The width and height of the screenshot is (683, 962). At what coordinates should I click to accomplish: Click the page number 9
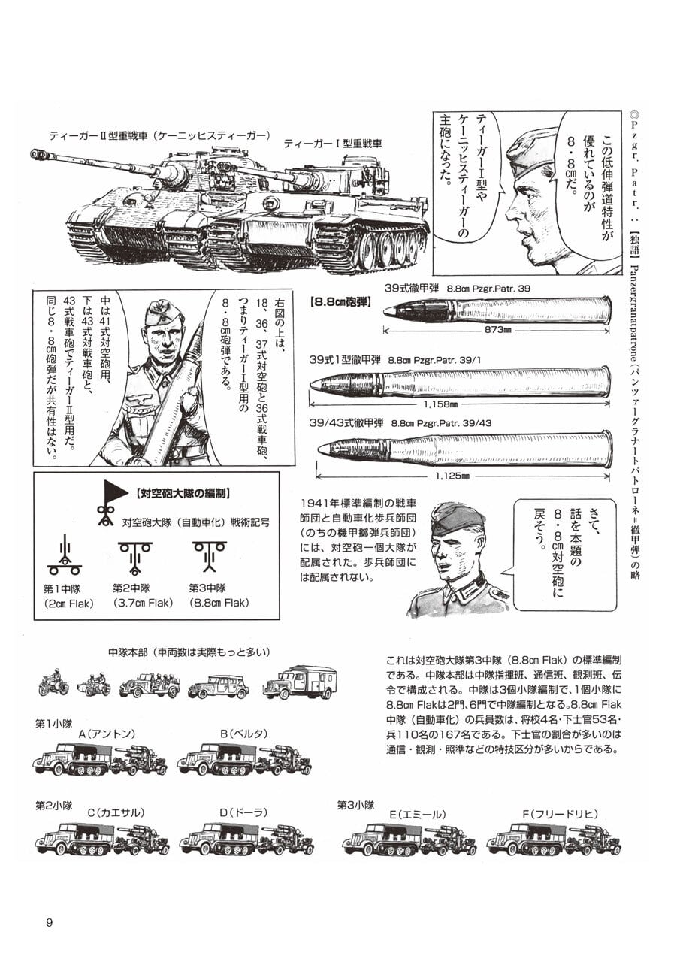click(x=49, y=923)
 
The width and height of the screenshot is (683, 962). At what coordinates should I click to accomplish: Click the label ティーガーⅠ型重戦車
click(x=333, y=143)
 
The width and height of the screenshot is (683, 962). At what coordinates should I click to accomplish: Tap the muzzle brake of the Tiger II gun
click(x=38, y=154)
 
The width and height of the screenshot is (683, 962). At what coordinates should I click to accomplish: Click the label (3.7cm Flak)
click(x=143, y=603)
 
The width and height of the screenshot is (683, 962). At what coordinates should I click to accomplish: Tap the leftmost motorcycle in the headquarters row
click(x=54, y=683)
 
